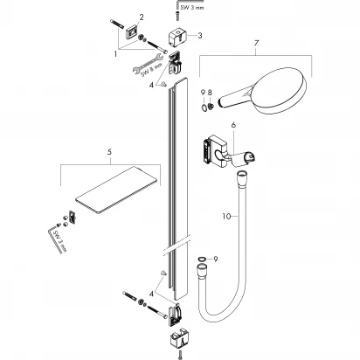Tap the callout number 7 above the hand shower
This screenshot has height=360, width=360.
point(257,43)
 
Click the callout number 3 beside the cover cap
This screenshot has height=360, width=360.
point(200,36)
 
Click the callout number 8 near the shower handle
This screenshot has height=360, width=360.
point(210,93)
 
